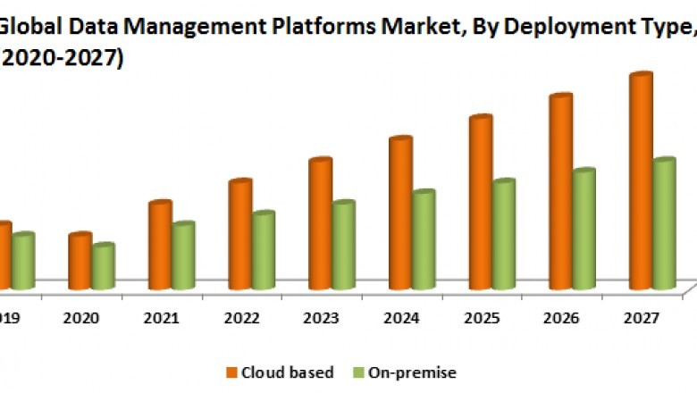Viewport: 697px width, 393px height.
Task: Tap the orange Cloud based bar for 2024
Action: coord(400,213)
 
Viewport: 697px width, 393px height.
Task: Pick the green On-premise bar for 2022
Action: coord(263,251)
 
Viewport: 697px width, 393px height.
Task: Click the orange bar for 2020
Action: coord(80,261)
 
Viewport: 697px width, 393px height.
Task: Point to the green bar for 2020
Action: coord(103,266)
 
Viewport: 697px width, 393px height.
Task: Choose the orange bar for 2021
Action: coord(161,246)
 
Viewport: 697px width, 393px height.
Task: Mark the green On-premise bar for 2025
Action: coord(504,234)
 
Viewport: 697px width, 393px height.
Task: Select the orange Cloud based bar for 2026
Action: coord(561,192)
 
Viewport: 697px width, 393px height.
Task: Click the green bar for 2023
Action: coord(343,246)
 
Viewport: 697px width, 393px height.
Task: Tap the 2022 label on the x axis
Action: coord(242,318)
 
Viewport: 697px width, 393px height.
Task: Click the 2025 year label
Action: coord(483,318)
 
